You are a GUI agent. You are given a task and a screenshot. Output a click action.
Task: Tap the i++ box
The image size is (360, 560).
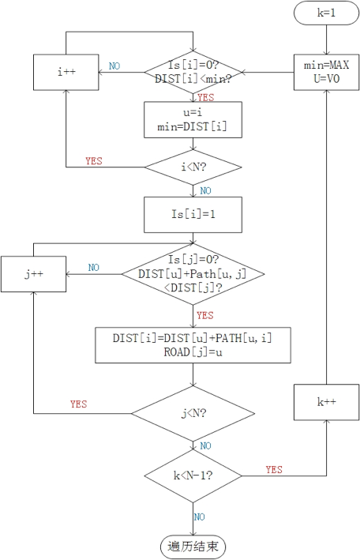(65, 73)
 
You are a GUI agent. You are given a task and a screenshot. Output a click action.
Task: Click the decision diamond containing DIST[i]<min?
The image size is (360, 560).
(193, 73)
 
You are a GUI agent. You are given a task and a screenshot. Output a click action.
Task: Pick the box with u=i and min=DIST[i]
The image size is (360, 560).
(193, 120)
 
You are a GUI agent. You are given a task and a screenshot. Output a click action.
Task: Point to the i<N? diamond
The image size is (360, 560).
(193, 167)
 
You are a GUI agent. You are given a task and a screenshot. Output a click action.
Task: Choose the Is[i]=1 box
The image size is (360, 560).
(193, 215)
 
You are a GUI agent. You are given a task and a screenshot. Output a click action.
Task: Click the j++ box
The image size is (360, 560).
(33, 275)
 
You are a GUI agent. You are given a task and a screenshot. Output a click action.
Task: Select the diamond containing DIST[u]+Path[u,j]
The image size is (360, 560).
(193, 275)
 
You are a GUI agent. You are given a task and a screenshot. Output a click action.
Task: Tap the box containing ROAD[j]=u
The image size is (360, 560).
(193, 346)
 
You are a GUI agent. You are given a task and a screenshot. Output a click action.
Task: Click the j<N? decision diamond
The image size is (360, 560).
(193, 412)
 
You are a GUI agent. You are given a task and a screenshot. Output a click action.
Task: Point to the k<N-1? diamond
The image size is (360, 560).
(193, 475)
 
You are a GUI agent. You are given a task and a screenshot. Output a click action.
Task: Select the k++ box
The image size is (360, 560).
(326, 401)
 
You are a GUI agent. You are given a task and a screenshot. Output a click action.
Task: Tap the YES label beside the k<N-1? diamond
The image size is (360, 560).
(274, 469)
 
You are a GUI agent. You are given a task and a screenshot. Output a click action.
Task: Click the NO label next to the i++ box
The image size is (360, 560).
(114, 66)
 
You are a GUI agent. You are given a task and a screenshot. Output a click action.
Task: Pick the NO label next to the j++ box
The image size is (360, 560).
(94, 268)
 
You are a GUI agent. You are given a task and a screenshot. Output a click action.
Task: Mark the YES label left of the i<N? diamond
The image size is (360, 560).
(94, 160)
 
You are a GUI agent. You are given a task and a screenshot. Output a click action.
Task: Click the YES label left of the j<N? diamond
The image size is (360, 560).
(78, 404)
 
